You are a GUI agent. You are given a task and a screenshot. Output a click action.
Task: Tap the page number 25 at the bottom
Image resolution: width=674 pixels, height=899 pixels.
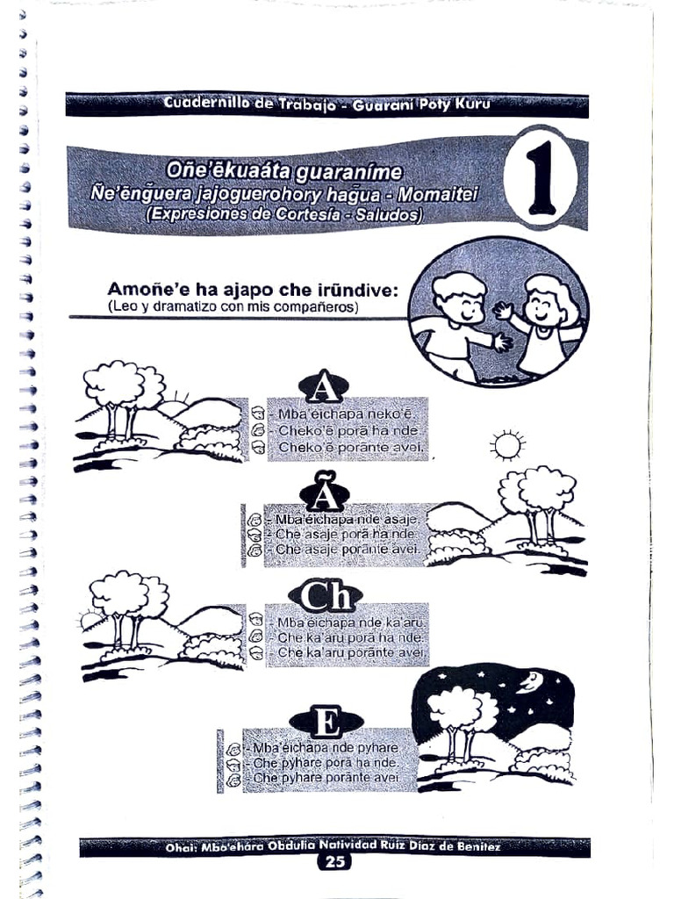pyautogui.click(x=334, y=862)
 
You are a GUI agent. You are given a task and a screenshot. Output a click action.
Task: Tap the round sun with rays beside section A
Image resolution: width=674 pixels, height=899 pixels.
pyautogui.click(x=507, y=445)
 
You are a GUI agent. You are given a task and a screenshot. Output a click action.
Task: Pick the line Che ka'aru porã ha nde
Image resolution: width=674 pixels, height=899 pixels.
pyautogui.click(x=350, y=637)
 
